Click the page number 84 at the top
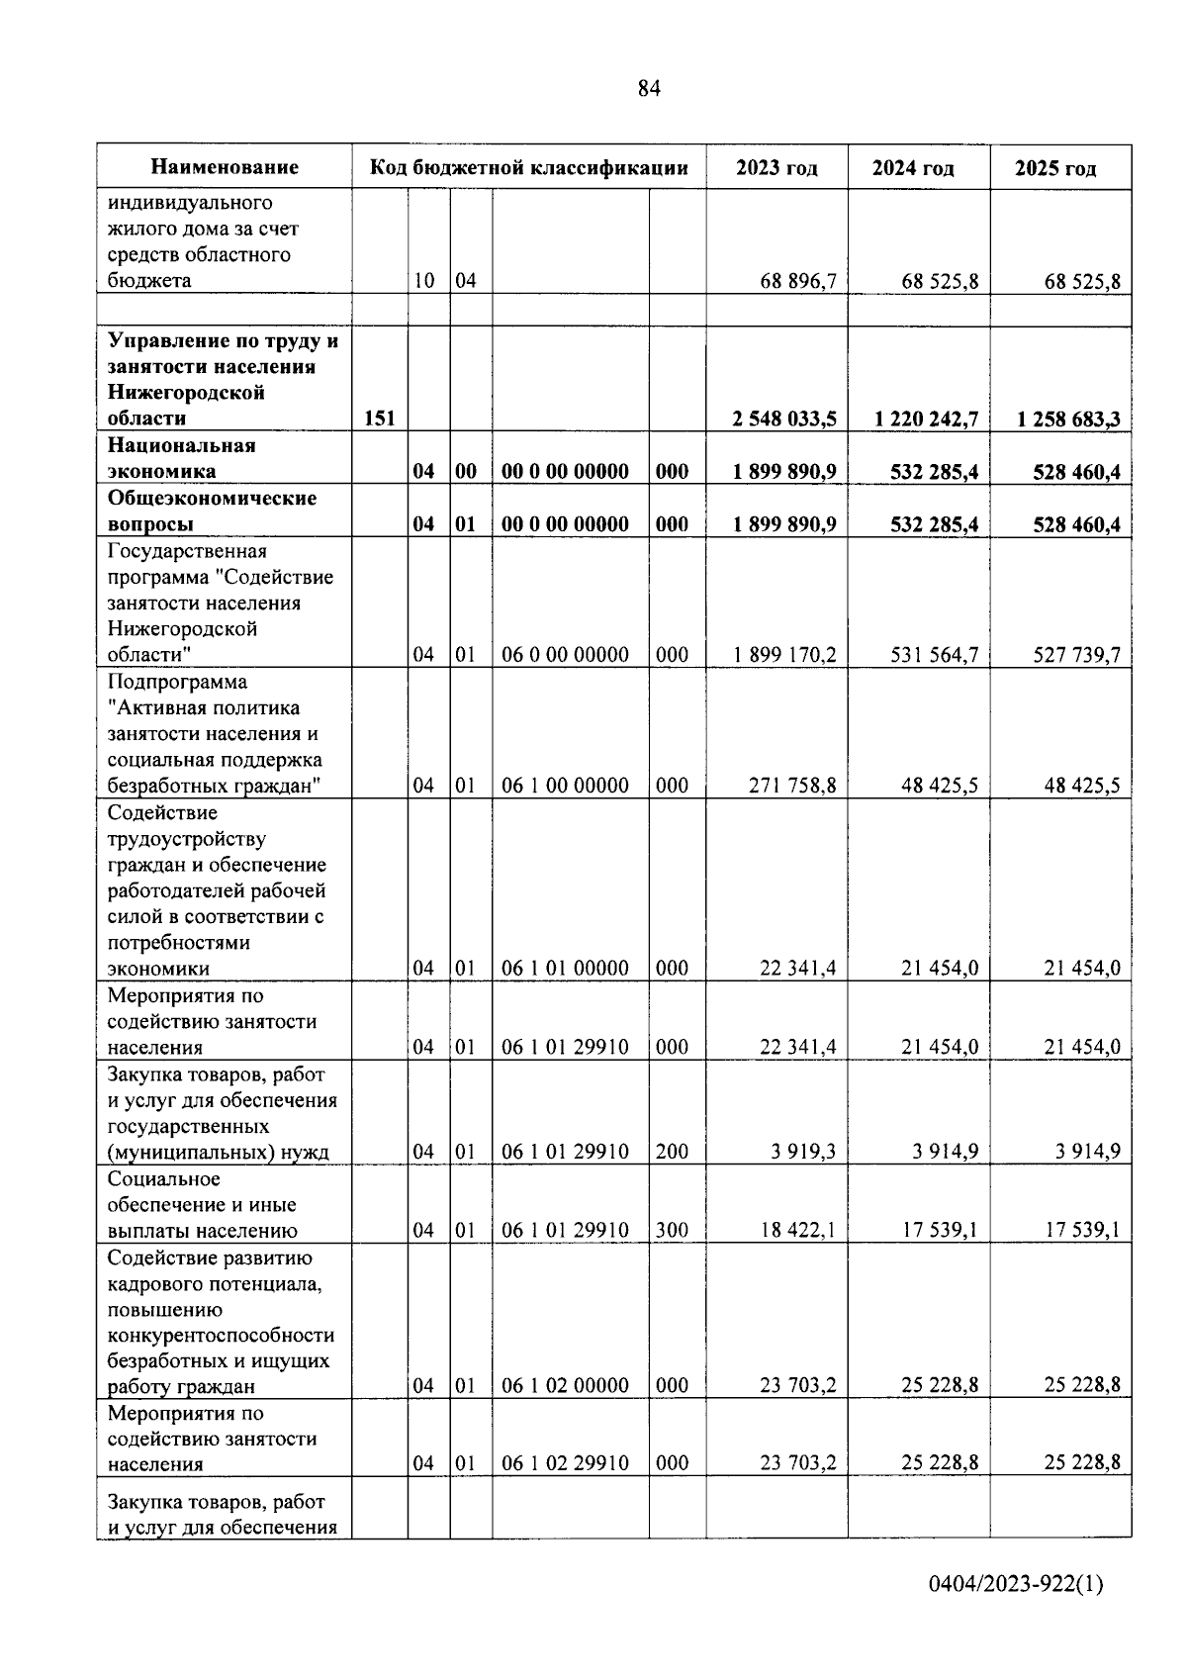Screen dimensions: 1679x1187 point(648,89)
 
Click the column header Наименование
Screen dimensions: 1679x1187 point(225,167)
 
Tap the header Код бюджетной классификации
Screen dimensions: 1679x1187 point(528,167)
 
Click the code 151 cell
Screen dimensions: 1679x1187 point(379,419)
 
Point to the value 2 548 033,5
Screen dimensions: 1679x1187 point(783,419)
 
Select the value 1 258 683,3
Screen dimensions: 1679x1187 point(1068,419)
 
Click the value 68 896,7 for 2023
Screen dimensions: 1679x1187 point(797,281)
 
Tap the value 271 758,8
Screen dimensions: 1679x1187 point(797,786)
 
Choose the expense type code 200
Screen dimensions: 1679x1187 point(672,1152)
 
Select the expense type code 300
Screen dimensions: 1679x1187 point(672,1231)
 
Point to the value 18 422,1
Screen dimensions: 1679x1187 point(797,1231)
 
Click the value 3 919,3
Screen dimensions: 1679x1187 point(803,1152)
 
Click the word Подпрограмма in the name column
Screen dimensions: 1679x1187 point(177,682)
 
